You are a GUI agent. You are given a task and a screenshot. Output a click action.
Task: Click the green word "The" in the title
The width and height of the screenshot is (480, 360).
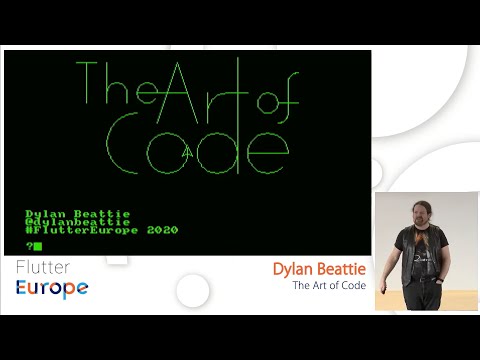(x=118, y=85)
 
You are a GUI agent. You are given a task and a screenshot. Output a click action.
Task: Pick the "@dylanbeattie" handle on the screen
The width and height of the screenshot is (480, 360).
(x=77, y=222)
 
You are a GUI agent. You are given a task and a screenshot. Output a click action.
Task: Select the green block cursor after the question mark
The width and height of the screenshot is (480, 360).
(x=38, y=246)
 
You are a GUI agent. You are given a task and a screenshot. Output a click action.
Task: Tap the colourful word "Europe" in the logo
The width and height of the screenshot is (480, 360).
(x=52, y=288)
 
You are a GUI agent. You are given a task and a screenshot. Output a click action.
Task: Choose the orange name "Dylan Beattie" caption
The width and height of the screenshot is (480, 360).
(x=319, y=270)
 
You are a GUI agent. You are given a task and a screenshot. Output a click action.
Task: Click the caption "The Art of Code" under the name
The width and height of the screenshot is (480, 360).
(x=329, y=286)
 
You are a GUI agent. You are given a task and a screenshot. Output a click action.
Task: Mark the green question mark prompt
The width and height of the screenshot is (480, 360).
(x=29, y=246)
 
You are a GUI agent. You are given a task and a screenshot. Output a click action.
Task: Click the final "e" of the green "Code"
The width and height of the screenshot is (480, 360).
(x=267, y=152)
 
